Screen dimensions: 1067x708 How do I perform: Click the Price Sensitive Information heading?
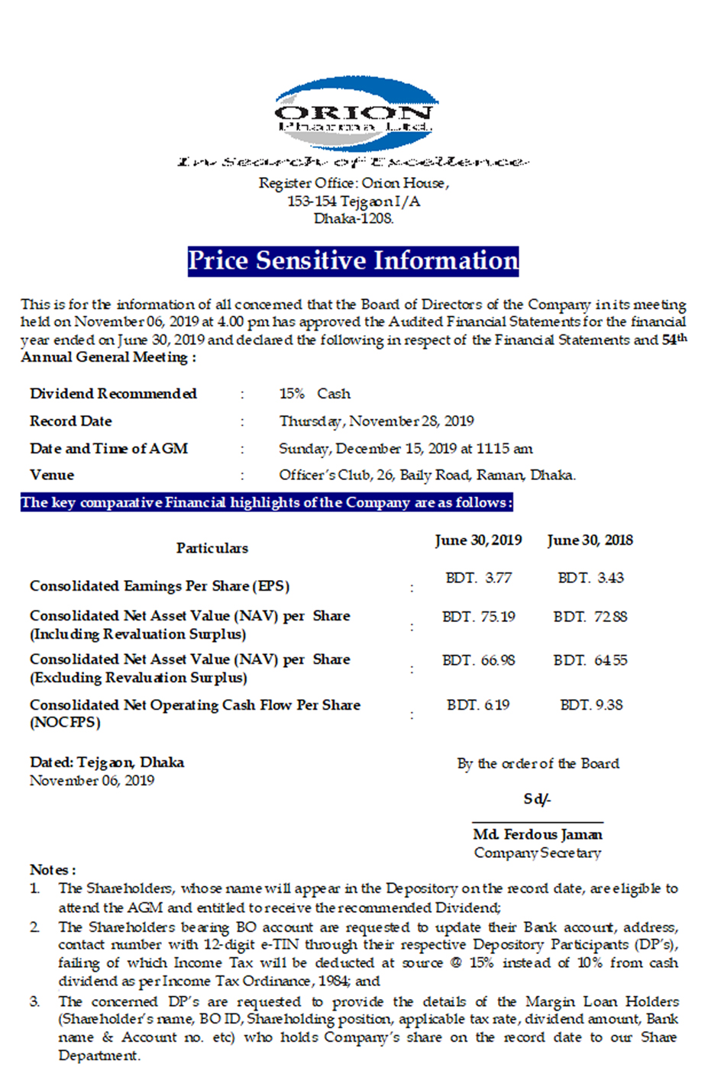point(353,261)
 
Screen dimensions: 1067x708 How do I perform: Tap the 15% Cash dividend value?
point(315,394)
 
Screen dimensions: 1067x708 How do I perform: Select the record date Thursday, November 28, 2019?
point(376,421)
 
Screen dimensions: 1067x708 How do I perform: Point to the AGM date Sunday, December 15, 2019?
point(406,449)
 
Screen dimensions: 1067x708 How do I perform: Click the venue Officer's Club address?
point(427,475)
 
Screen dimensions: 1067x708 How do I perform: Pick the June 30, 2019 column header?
point(478,540)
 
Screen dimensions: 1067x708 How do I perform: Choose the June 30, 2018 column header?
point(590,540)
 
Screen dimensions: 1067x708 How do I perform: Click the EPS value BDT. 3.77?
point(478,579)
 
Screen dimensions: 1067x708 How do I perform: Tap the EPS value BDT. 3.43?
point(590,579)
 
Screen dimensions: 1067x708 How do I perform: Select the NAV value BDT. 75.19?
point(478,617)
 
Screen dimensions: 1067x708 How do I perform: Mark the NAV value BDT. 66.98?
point(478,660)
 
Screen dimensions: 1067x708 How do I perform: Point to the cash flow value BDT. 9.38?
point(590,705)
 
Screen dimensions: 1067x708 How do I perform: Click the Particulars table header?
point(212,548)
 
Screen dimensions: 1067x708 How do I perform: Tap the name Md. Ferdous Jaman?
point(537,835)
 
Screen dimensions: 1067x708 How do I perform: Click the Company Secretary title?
point(537,853)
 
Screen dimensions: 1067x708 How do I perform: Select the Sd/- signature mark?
point(537,799)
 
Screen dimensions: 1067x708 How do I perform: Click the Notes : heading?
point(53,870)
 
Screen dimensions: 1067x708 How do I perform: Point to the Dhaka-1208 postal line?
point(354,219)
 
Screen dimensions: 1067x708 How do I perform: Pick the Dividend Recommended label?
point(113,394)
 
